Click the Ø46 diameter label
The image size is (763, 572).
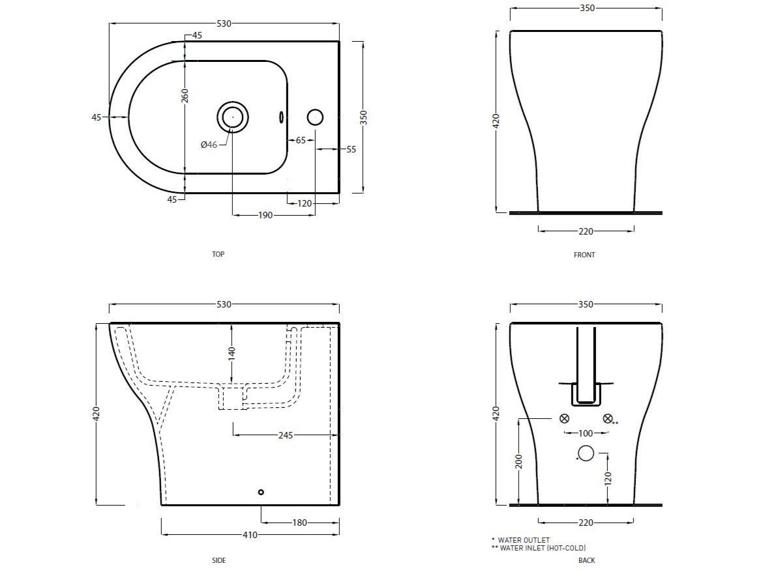(209, 145)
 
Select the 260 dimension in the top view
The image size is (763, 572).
(185, 96)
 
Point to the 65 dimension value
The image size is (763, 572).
(301, 140)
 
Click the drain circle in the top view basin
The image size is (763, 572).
(232, 117)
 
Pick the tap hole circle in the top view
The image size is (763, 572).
(315, 117)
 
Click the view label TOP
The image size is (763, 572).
(218, 254)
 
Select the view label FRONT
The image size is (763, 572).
(584, 255)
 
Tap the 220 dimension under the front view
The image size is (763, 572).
(586, 231)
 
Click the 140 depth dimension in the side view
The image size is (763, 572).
(232, 353)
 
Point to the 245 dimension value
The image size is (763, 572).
(285, 435)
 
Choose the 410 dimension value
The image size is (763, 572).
(250, 535)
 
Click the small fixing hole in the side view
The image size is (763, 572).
(261, 493)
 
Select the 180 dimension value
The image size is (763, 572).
(299, 522)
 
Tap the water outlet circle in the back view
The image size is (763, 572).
(586, 453)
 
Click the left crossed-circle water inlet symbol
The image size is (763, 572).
(565, 418)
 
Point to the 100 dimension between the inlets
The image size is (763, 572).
(586, 433)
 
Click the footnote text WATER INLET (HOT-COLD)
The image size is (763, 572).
(542, 548)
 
